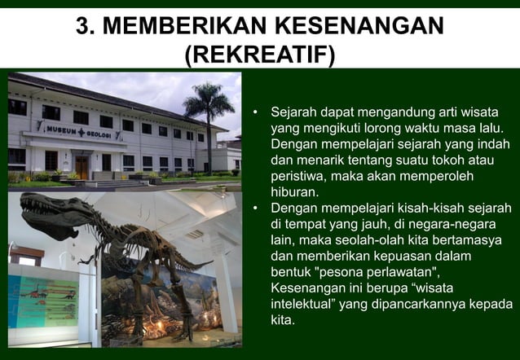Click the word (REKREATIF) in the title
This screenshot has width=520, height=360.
click(259, 55)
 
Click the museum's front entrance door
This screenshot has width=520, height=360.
click(82, 166)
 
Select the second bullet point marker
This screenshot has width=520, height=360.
click(255, 209)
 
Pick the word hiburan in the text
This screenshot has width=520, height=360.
click(294, 192)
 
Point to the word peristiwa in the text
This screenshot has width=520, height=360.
click(297, 176)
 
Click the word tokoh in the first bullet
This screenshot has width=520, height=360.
click(452, 160)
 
